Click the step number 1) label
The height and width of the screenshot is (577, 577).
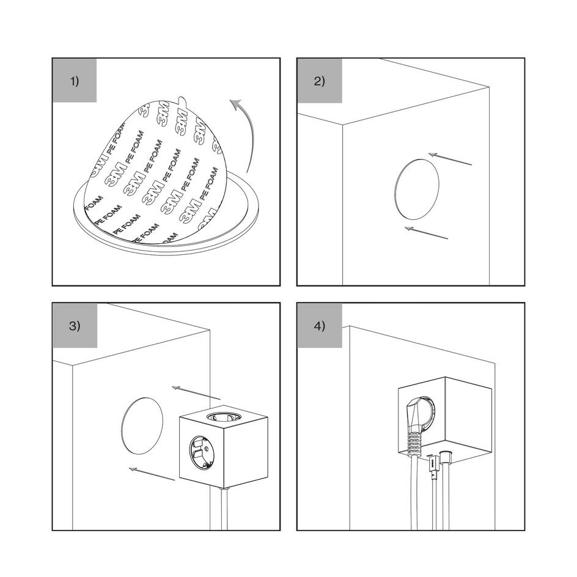[x=75, y=81]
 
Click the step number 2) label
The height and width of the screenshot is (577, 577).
[x=320, y=81]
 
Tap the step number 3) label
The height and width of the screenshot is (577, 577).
[x=75, y=326]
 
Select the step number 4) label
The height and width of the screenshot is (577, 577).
[x=320, y=326]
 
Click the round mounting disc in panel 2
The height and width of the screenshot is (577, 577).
[x=417, y=189]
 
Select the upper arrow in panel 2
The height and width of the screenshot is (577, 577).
[x=450, y=159]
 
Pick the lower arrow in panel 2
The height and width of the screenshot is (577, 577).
[x=427, y=232]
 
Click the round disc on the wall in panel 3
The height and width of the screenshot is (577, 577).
[x=142, y=425]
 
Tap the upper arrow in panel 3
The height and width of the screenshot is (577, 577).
[x=196, y=392]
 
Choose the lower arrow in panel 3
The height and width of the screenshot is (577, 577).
[x=152, y=474]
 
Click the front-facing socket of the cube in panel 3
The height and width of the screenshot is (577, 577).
[x=202, y=451]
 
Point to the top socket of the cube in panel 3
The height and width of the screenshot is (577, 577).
[x=224, y=417]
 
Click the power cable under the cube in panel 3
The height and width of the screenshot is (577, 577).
[x=224, y=509]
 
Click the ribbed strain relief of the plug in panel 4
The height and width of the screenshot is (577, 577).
[x=414, y=443]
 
